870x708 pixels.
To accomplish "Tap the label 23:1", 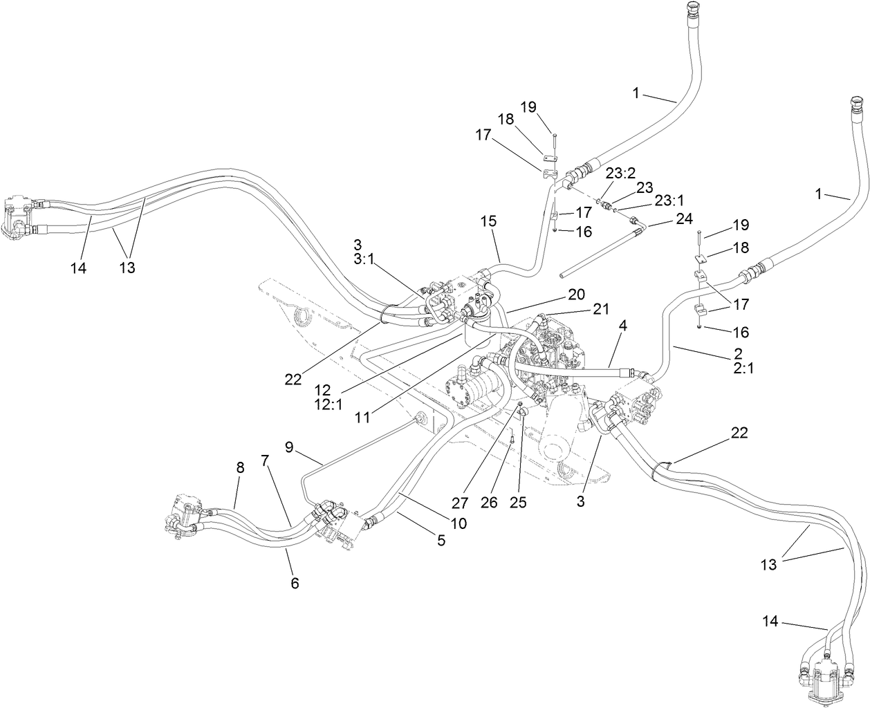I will tap(669, 200).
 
